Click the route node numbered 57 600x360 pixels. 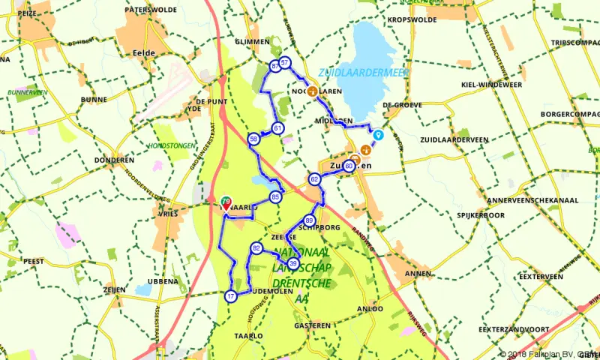285,62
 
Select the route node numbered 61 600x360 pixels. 277,128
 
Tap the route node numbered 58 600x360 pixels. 254,139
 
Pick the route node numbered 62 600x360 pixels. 315,178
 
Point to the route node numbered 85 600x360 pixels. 276,197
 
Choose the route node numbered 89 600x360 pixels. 310,220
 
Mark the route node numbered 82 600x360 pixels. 256,248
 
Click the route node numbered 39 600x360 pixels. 293,263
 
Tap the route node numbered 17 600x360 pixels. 230,296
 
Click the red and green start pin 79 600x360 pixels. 226,202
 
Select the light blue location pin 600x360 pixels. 379,136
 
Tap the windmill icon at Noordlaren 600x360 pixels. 311,91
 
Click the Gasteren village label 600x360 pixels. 312,325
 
